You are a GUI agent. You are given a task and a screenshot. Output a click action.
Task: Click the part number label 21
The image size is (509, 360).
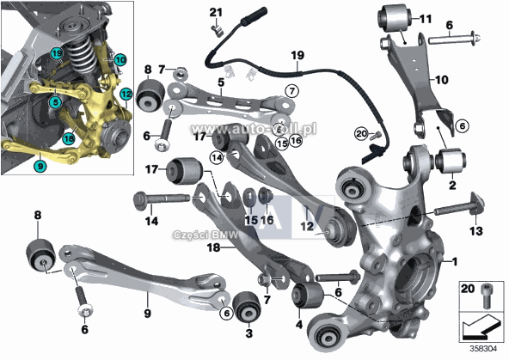pos(216,11)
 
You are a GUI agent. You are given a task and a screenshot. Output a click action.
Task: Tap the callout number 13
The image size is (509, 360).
pos(475,230)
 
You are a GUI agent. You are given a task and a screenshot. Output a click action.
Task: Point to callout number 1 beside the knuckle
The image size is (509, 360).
pos(456,260)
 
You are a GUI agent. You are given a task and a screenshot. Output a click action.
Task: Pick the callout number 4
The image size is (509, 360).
pos(299,325)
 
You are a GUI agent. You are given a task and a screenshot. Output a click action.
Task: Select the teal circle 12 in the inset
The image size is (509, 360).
pos(126,93)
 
